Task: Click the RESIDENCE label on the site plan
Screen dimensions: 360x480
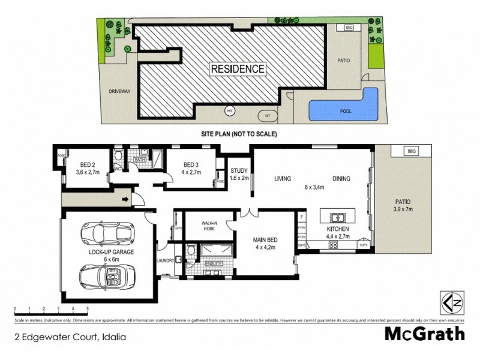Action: point(238,69)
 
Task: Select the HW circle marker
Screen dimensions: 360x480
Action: point(229,111)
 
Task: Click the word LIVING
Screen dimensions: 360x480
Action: point(283,179)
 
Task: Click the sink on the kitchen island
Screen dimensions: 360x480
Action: point(338,217)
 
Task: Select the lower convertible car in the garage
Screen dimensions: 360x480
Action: point(101,275)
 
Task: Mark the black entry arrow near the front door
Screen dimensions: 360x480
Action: point(125,199)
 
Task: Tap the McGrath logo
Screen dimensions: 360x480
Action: point(424,333)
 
